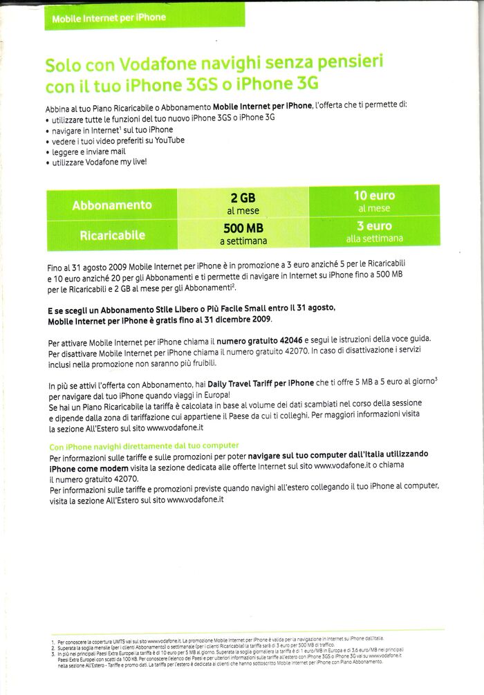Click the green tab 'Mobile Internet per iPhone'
tap(109, 17)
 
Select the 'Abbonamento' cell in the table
tap(111, 205)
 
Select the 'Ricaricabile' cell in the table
tap(111, 235)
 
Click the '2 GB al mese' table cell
tap(243, 203)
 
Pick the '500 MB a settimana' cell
tap(243, 234)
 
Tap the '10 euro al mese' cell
tap(374, 202)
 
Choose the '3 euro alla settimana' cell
tap(374, 232)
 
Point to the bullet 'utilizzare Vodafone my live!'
tap(100, 163)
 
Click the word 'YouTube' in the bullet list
tap(168, 140)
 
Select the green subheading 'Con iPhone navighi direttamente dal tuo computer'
tap(144, 445)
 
